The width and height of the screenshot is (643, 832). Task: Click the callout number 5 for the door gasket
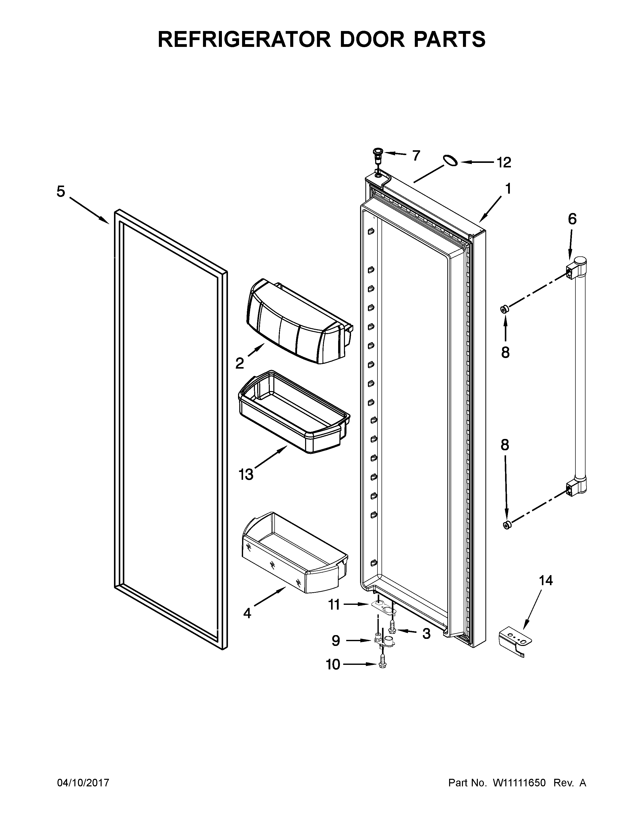point(61,192)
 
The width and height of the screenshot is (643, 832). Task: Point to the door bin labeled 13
point(293,413)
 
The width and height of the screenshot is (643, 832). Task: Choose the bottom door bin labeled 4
point(293,554)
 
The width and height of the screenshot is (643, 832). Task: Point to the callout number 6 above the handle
point(572,219)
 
